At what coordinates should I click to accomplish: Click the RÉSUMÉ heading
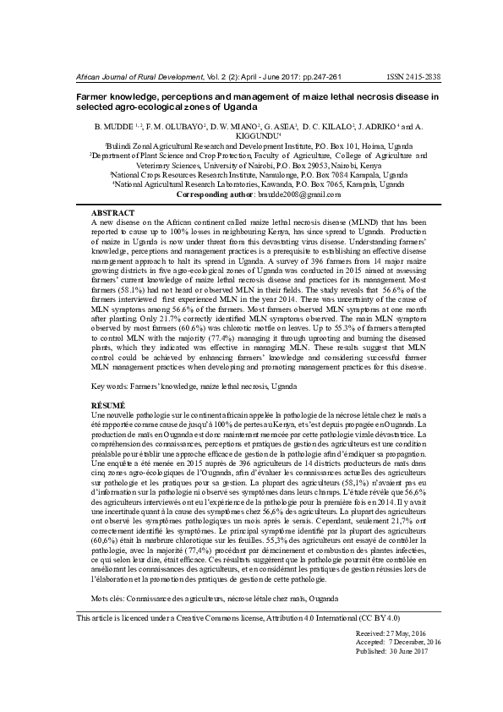click(x=107, y=406)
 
